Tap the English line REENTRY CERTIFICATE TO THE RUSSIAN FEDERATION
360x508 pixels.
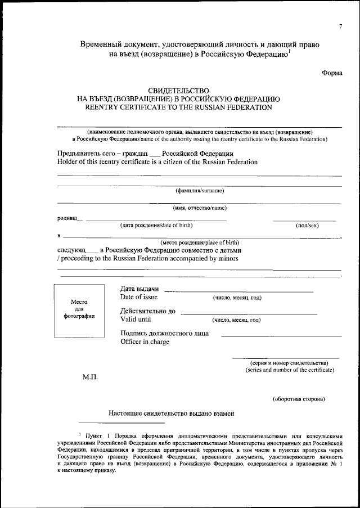point(178,106)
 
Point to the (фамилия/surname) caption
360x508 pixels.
point(200,191)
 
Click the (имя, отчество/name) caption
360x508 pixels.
point(200,208)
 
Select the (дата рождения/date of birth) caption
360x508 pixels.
point(156,225)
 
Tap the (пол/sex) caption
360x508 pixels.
point(307,225)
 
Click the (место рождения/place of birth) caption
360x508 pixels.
point(200,242)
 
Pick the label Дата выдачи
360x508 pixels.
point(139,289)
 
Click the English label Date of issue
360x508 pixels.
point(139,297)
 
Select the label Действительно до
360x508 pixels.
point(148,311)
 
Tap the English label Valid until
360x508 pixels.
point(136,320)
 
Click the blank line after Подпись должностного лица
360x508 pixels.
point(281,335)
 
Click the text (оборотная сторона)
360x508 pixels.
point(299,399)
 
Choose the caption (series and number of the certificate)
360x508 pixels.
point(289,370)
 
